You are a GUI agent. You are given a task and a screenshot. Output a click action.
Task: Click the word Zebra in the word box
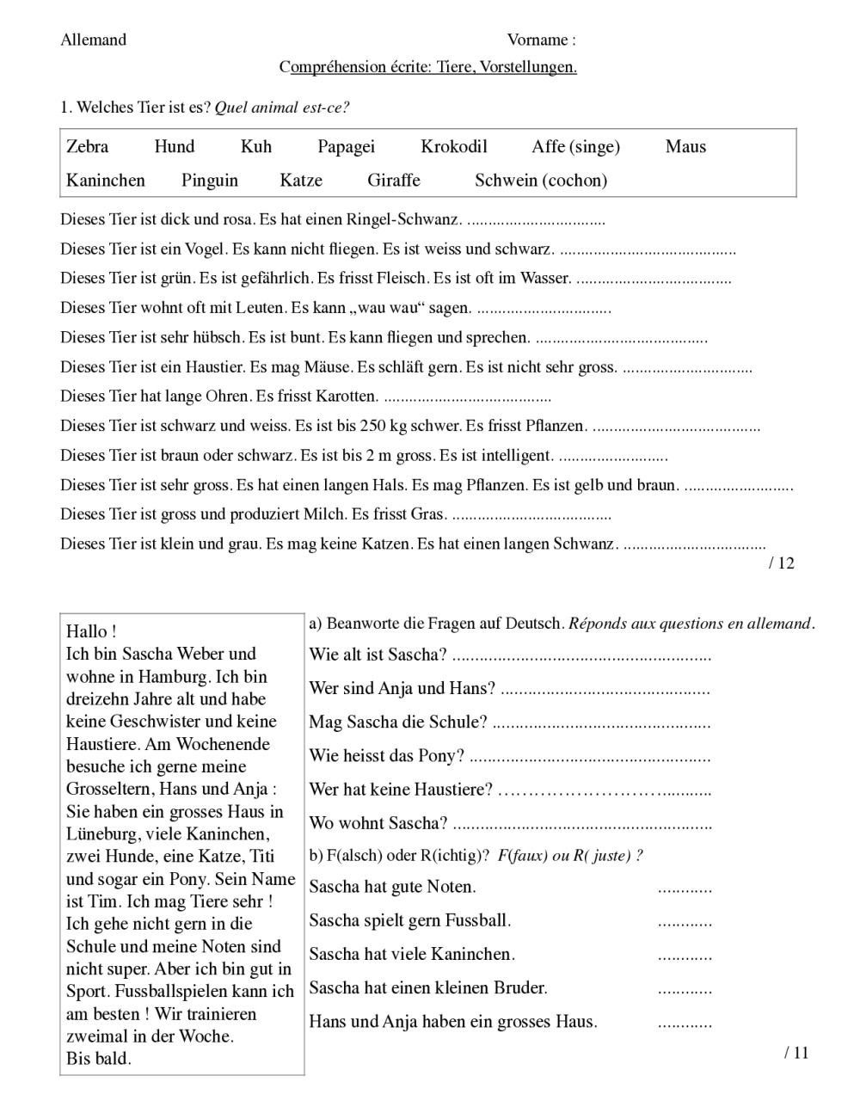pos(87,147)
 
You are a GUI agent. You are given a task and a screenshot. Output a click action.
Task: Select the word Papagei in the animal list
pos(346,147)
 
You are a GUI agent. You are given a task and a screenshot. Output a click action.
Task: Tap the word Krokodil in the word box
pos(453,147)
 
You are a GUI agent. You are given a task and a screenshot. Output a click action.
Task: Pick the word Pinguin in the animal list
pos(210,181)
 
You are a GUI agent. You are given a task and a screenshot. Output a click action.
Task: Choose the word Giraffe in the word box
pos(394,181)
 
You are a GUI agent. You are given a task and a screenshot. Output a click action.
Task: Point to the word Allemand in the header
pos(94,40)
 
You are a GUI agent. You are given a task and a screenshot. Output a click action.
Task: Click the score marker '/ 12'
pos(781,563)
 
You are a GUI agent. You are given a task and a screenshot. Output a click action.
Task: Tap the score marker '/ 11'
pos(796,1053)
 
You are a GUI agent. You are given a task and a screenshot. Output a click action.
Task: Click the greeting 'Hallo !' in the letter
pos(91,631)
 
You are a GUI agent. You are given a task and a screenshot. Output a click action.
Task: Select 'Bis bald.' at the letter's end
pos(99,1059)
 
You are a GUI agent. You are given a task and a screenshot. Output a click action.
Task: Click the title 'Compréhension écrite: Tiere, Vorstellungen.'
pos(428,67)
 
